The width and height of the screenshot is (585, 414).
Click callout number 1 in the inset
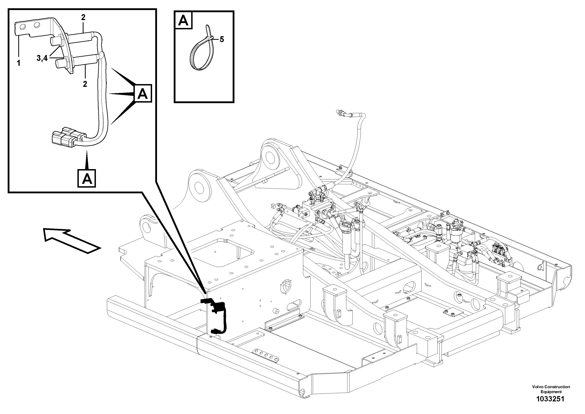point(18,63)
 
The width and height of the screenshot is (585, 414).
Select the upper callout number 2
point(83,17)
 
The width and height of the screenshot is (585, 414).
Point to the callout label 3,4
point(42,58)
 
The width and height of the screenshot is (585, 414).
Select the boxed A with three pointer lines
point(142,94)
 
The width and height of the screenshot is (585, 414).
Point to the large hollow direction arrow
point(71,240)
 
